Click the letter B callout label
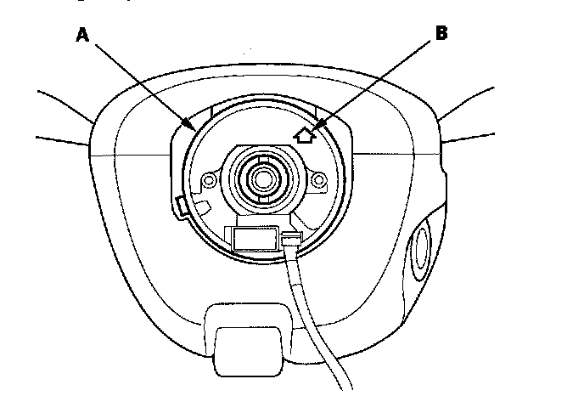(441, 34)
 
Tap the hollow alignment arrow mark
(304, 133)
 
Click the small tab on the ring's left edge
(180, 204)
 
